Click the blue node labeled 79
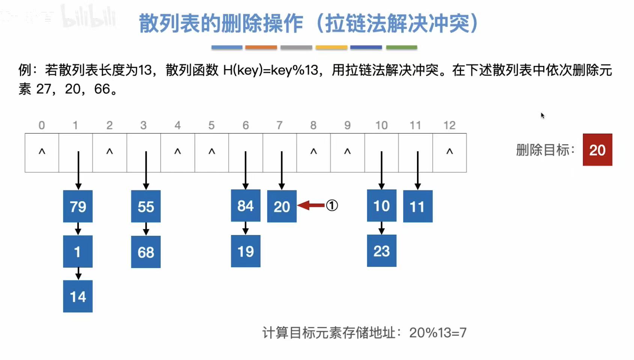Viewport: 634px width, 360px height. tap(78, 206)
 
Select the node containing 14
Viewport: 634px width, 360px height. tap(78, 296)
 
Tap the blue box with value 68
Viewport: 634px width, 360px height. tap(146, 252)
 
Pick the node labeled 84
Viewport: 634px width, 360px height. tap(245, 206)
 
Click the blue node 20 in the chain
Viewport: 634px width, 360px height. tap(282, 206)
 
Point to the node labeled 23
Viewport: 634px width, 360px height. tap(381, 251)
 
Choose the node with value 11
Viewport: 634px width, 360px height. tap(417, 206)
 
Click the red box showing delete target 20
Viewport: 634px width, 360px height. tap(597, 150)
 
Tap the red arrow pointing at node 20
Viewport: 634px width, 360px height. tap(311, 205)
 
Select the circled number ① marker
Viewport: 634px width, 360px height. tap(332, 205)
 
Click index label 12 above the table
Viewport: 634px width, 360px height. tap(449, 125)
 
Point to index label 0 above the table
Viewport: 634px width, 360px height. tap(42, 125)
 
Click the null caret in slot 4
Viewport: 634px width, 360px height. tap(178, 152)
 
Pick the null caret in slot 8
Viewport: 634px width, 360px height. tap(313, 152)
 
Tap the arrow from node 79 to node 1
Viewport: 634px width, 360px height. tap(78, 229)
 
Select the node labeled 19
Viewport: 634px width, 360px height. tap(245, 251)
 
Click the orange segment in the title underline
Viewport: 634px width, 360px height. tap(261, 48)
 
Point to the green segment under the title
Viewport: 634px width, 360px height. tap(402, 48)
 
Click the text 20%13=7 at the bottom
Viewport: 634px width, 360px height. tap(438, 333)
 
